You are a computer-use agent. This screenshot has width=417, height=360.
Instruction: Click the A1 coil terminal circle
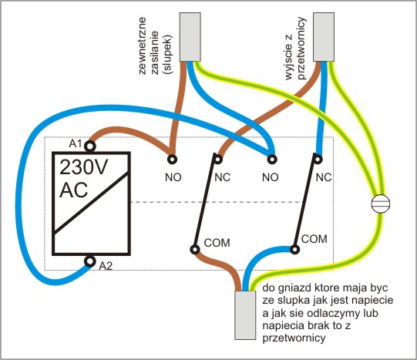(x=90, y=146)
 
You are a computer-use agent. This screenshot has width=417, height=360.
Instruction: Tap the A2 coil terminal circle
(x=90, y=261)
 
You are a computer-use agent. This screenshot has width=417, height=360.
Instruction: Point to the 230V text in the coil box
(x=83, y=167)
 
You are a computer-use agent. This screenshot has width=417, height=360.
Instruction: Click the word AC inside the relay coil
(x=74, y=190)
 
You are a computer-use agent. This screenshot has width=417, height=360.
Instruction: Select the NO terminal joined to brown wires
(x=173, y=160)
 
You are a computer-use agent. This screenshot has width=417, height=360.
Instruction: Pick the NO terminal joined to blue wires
(x=272, y=160)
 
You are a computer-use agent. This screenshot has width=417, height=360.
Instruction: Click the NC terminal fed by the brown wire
(x=218, y=160)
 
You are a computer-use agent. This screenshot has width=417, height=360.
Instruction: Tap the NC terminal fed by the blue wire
(x=318, y=160)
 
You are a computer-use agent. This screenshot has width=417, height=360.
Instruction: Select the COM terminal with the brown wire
(x=195, y=250)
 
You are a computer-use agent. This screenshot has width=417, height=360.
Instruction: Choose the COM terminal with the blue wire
(x=294, y=250)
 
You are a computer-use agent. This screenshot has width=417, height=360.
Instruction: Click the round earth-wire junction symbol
(x=381, y=204)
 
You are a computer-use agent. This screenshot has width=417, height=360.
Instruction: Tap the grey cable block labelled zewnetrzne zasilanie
(x=190, y=37)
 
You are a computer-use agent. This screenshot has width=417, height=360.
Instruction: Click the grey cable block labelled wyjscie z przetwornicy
(x=324, y=37)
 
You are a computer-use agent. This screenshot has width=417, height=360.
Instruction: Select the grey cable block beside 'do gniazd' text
(x=245, y=315)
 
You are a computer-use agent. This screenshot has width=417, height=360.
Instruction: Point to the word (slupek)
(x=168, y=54)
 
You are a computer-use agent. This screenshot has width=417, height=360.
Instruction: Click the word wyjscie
(x=289, y=56)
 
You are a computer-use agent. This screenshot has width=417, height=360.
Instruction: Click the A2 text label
(x=106, y=266)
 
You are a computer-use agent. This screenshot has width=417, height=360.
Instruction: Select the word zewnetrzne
(x=143, y=45)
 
